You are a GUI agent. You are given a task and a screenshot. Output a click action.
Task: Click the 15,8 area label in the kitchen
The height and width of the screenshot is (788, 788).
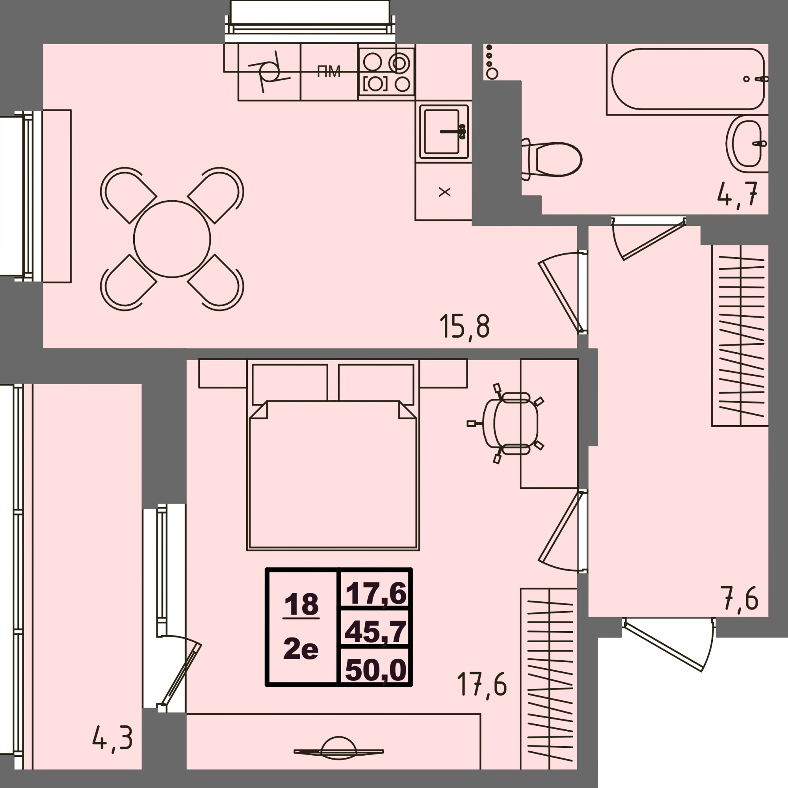tap(464, 326)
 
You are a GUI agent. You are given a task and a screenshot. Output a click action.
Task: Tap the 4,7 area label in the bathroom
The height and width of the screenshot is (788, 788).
tap(737, 194)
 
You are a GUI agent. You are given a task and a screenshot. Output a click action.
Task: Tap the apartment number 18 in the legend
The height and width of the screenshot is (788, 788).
tap(301, 604)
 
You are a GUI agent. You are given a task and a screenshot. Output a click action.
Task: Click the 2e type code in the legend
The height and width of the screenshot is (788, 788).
tap(301, 649)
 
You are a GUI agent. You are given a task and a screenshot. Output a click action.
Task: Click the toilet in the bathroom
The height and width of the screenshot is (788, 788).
tap(552, 159)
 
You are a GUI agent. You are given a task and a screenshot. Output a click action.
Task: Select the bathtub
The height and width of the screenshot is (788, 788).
tap(688, 79)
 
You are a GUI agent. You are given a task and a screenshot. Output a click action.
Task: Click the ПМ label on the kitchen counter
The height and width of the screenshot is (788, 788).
tap(329, 72)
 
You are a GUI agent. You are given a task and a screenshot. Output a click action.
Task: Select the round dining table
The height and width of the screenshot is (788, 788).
tap(172, 239)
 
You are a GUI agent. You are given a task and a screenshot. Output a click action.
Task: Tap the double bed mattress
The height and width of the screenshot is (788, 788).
tap(333, 474)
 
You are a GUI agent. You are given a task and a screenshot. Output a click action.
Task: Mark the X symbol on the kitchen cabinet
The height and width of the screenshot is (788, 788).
tap(444, 192)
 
